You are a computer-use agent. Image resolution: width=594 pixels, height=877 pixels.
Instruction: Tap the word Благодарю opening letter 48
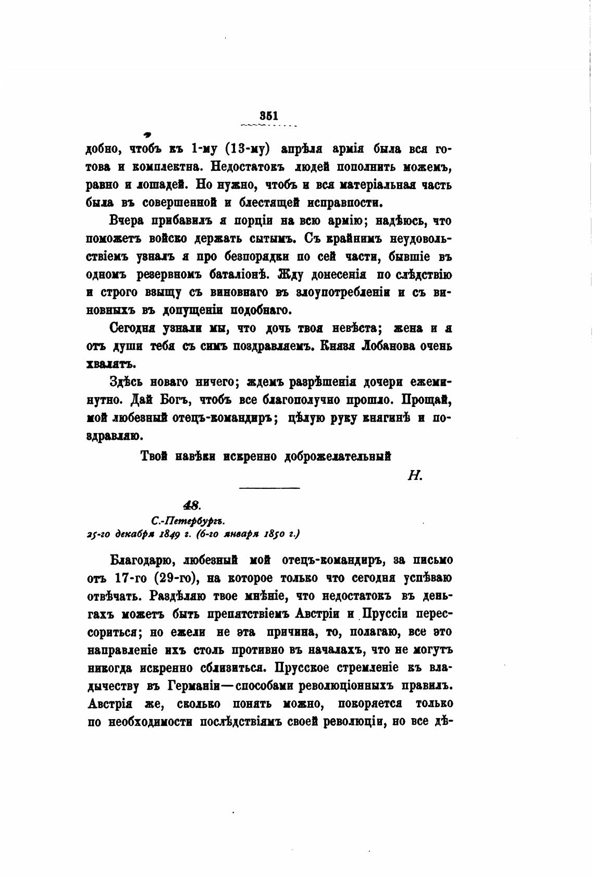pyautogui.click(x=138, y=560)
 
